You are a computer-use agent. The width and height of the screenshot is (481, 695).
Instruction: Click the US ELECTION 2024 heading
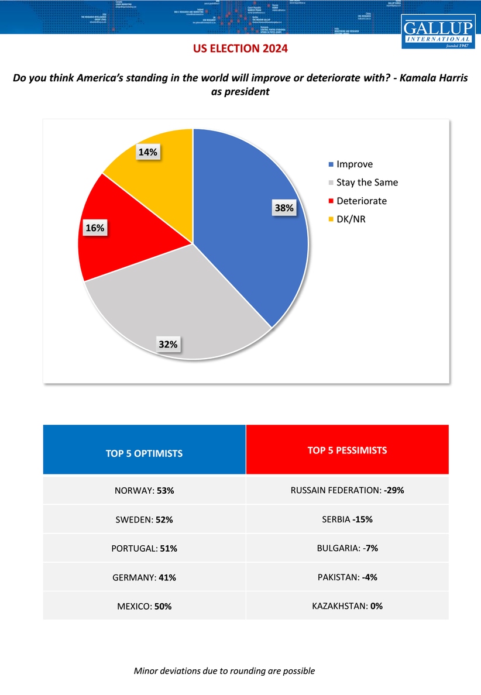240,49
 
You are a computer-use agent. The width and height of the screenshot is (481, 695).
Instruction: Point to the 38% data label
284,208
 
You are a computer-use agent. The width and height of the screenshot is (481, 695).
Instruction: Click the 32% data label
169,345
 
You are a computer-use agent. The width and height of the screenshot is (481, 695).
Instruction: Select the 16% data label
94,228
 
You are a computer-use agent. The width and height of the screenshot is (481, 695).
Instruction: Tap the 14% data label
148,152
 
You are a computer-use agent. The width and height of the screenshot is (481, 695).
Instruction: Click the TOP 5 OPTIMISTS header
144,453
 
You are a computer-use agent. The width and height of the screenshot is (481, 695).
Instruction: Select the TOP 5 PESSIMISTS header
347,450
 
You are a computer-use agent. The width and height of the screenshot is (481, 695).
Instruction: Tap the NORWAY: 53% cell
144,491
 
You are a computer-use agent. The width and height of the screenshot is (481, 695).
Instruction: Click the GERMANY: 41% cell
144,577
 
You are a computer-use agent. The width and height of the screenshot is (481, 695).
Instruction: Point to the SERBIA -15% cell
347,519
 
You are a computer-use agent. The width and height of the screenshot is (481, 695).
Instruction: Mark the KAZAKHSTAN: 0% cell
347,606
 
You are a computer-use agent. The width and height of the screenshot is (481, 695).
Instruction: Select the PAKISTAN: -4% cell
347,577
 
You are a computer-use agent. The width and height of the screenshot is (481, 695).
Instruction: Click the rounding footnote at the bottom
224,671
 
